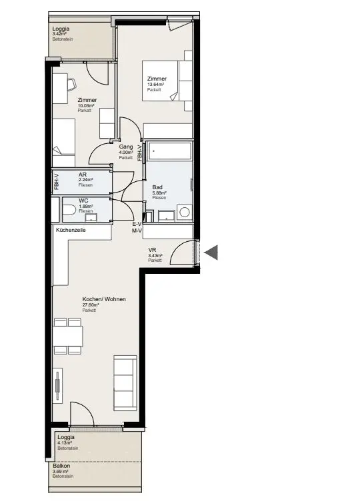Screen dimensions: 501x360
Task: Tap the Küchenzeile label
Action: (x=70, y=230)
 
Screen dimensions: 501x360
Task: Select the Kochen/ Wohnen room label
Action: (x=103, y=299)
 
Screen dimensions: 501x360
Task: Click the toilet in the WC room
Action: (x=69, y=211)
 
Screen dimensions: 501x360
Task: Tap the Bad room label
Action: (x=157, y=187)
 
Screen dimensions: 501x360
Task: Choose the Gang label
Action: (x=125, y=147)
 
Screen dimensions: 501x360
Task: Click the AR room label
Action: (x=82, y=175)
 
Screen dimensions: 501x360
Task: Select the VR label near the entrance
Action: (x=152, y=250)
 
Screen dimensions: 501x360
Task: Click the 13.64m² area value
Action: (x=157, y=84)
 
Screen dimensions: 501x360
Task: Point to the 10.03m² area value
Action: (x=86, y=105)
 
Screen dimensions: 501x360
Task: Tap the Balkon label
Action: (x=62, y=466)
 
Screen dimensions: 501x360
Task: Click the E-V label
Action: (x=137, y=225)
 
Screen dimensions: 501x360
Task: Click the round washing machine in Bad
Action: (x=185, y=212)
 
